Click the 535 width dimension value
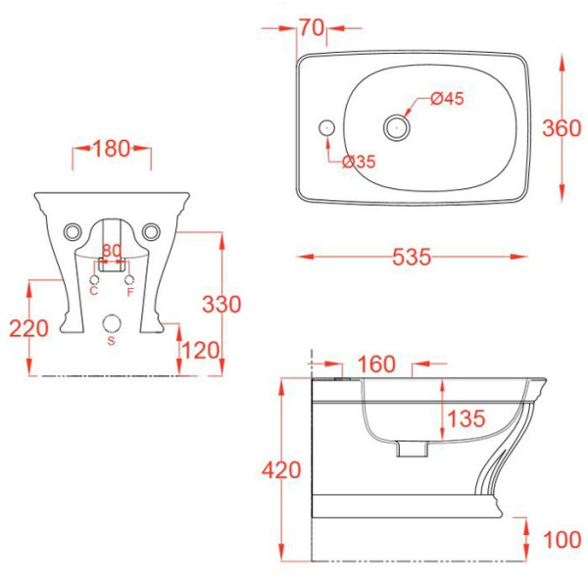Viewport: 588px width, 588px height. [x=412, y=257]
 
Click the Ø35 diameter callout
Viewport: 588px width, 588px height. [x=360, y=162]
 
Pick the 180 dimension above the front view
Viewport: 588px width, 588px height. [x=113, y=149]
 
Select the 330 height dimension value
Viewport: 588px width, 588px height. [x=221, y=305]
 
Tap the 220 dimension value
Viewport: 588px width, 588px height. [x=29, y=328]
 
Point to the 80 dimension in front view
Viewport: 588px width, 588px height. [x=112, y=251]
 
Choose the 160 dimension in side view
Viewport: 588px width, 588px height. [x=375, y=365]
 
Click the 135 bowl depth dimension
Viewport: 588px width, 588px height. [x=466, y=419]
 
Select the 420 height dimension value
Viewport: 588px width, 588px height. [x=282, y=470]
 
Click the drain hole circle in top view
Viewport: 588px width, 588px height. [x=396, y=124]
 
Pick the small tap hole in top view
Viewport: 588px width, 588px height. [x=325, y=126]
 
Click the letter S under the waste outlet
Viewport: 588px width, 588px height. [x=111, y=341]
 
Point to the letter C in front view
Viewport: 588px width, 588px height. [x=94, y=291]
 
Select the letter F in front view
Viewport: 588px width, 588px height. [x=130, y=291]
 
